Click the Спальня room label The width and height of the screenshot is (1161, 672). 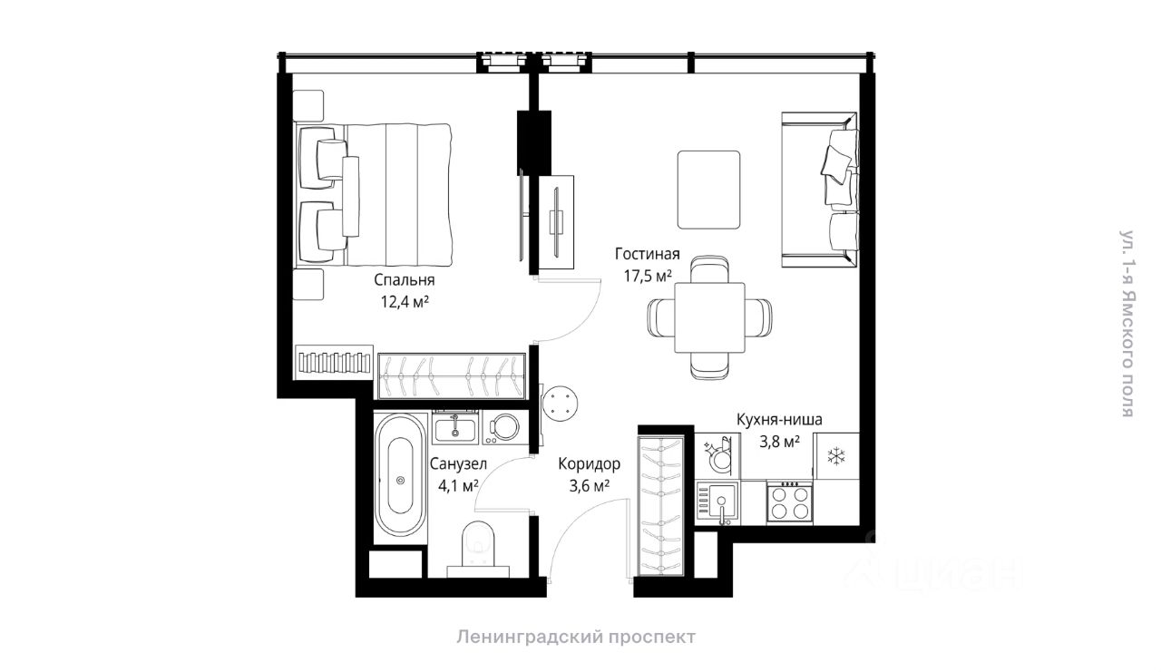coord(405,280)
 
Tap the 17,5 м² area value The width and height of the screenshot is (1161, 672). coord(648,276)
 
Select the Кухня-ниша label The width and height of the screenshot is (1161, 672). coord(779,419)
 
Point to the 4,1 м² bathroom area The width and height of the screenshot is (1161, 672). coord(458,486)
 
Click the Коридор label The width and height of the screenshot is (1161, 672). coord(590,463)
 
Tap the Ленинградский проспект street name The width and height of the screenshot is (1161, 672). coord(576,637)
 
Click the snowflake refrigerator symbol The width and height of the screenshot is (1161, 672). coord(836,456)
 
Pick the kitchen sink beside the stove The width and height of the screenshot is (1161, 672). coord(717,502)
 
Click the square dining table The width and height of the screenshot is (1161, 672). coord(709,317)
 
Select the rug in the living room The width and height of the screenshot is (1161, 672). coord(708,190)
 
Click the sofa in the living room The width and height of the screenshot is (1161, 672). coord(819,190)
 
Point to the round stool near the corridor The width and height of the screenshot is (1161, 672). coord(561,403)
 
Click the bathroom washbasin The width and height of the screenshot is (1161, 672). coord(455,428)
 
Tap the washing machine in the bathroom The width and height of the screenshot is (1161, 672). coord(504,427)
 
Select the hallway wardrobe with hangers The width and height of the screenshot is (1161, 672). coord(661,506)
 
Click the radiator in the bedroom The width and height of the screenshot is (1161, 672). coord(335,363)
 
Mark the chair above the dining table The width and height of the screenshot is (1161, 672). coord(709,269)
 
